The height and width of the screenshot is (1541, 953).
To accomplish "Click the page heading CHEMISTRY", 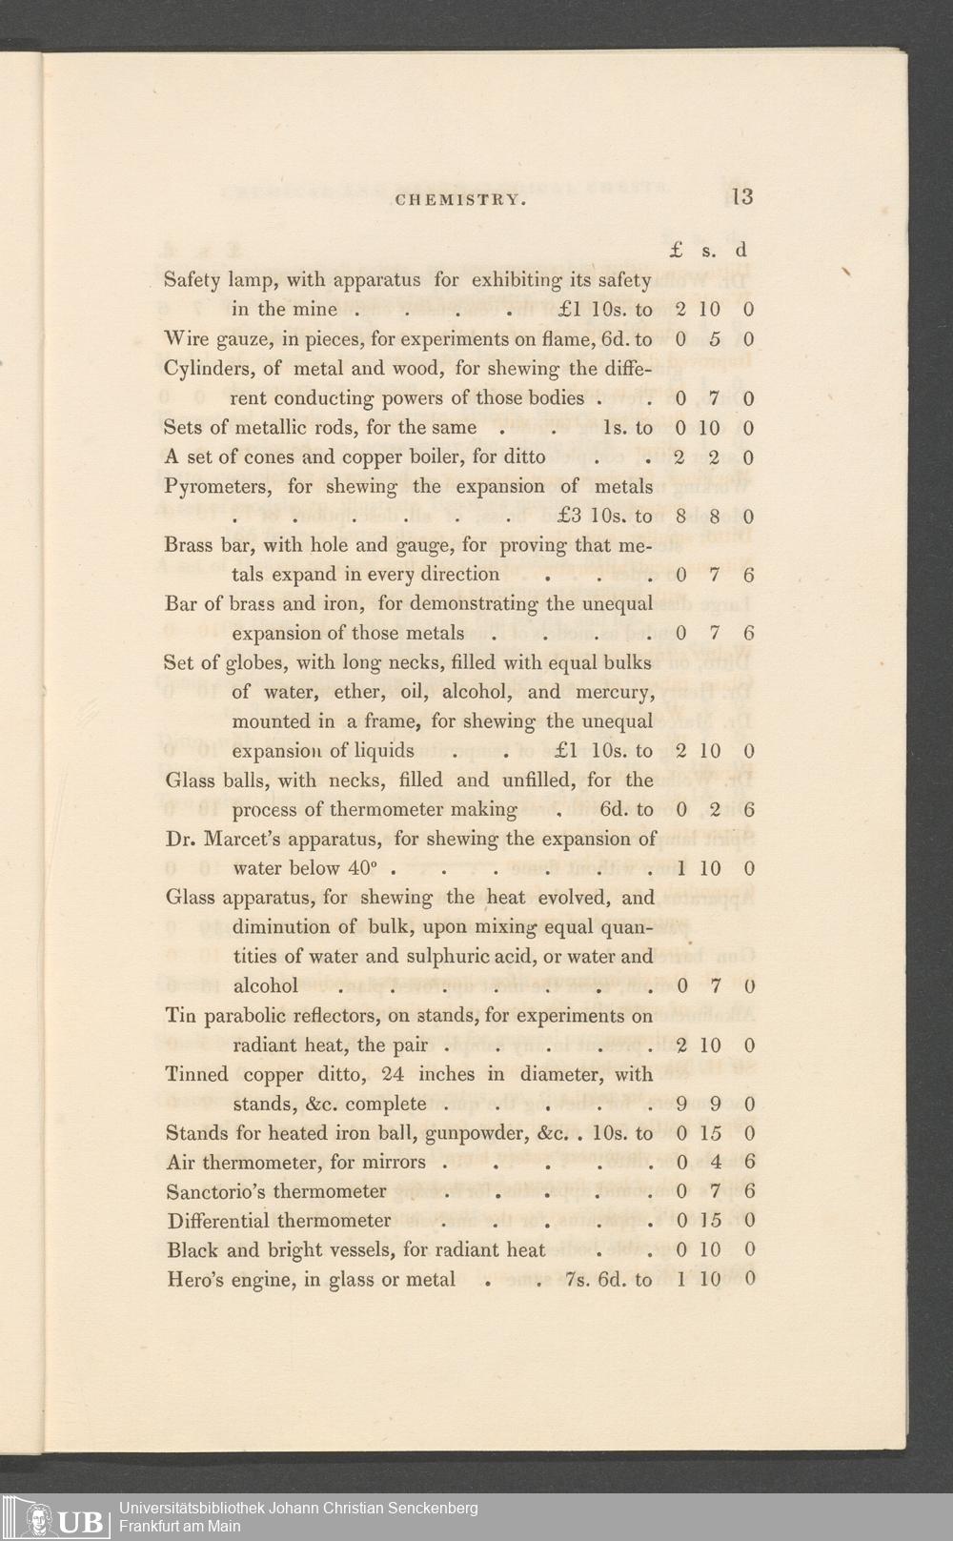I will pos(459,200).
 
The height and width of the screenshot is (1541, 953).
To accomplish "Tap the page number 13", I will pos(742,196).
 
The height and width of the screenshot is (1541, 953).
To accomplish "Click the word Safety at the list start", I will pos(192,280).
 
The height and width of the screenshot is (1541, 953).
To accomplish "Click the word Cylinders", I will pos(208,369).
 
